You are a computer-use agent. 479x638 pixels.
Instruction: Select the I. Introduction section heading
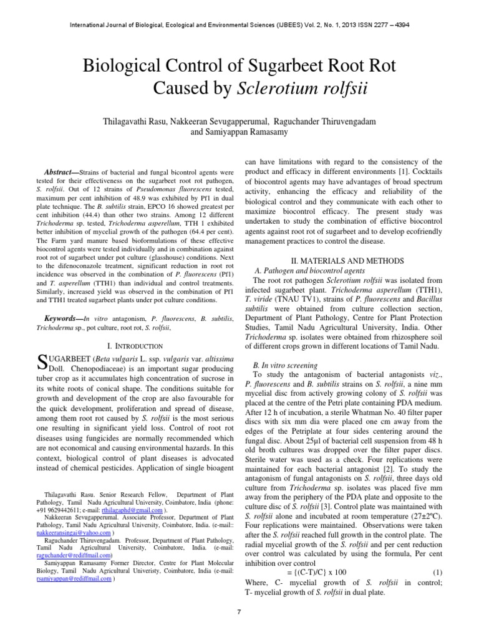132,345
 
